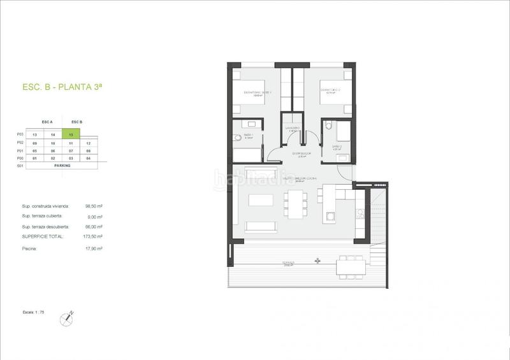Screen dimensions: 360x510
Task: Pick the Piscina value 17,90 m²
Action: coord(94,248)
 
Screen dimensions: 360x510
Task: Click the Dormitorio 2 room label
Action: coord(330,90)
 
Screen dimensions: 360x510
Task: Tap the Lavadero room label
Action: coord(293,128)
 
